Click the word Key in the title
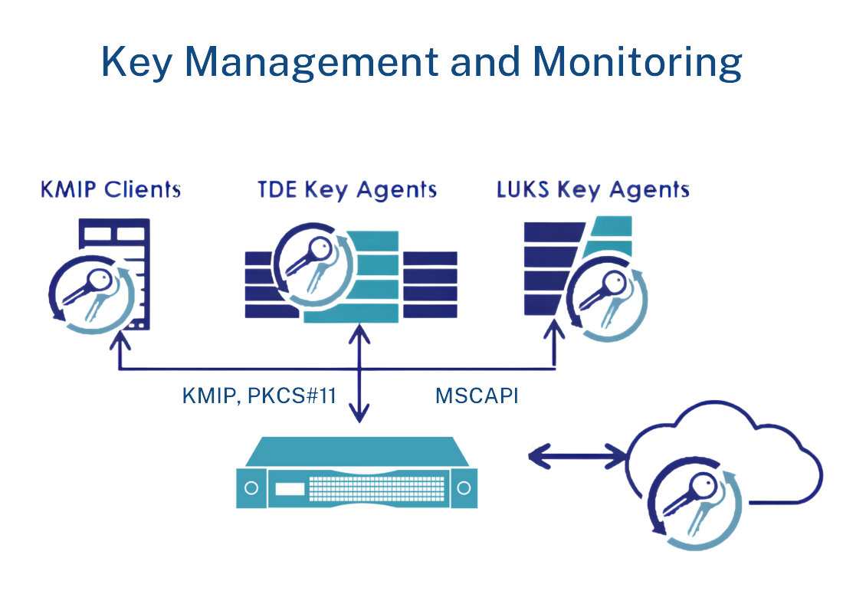136,63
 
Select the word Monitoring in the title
638,63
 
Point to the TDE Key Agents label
347,189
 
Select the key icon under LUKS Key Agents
605,295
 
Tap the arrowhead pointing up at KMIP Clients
119,337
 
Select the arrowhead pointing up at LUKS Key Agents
556,337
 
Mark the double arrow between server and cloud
577,458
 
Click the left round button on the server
249,487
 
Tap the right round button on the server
463,487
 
